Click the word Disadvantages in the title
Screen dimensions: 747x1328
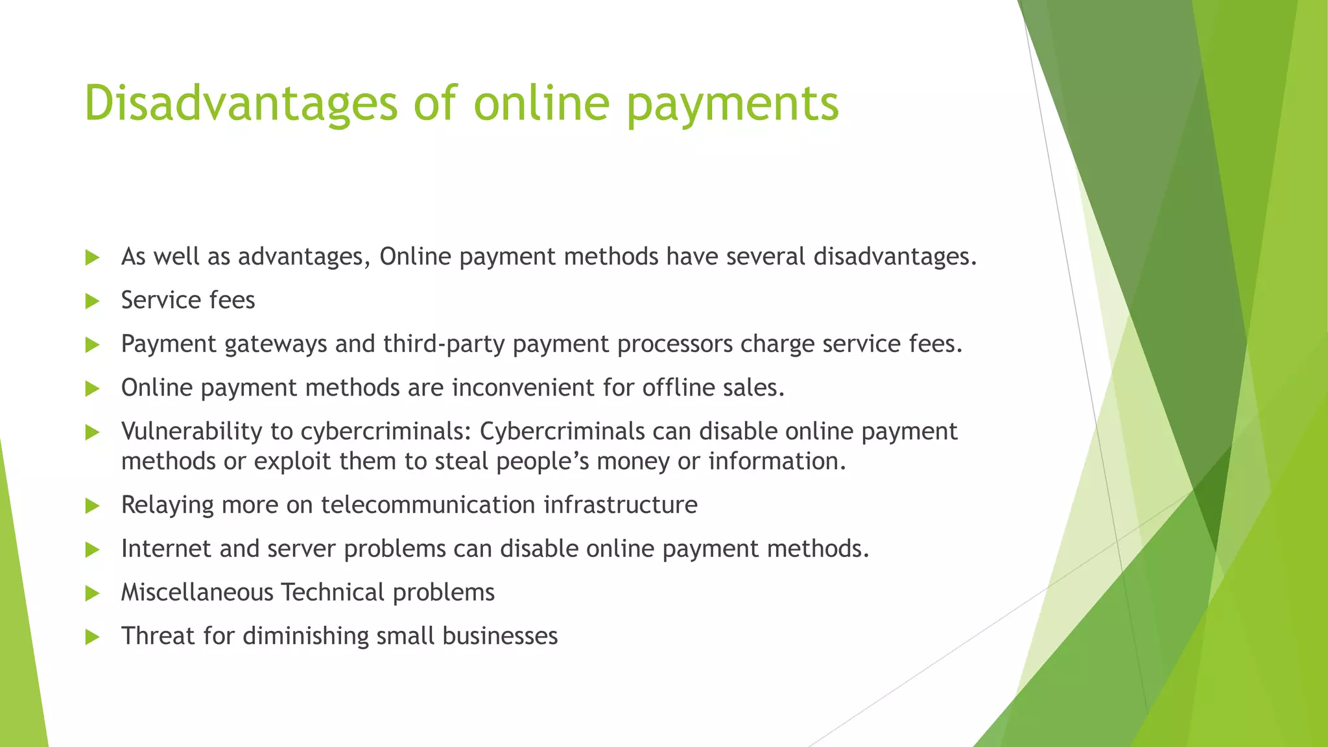point(241,104)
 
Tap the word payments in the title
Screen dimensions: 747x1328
point(733,104)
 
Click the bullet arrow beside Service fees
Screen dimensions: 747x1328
point(92,301)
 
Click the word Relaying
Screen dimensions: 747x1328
point(167,505)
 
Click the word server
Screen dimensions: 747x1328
point(302,549)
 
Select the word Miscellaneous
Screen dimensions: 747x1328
point(197,593)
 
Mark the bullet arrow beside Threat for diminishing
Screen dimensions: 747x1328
point(92,637)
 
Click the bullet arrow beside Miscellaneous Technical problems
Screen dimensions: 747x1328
point(92,593)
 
